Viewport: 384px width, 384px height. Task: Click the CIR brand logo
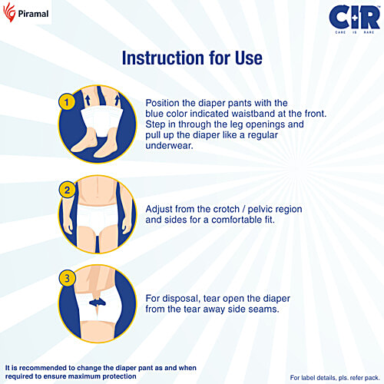click(x=354, y=17)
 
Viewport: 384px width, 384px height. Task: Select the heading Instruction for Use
click(x=192, y=58)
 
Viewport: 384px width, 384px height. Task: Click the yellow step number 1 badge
click(x=67, y=101)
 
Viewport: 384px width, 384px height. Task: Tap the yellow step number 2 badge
click(x=67, y=190)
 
